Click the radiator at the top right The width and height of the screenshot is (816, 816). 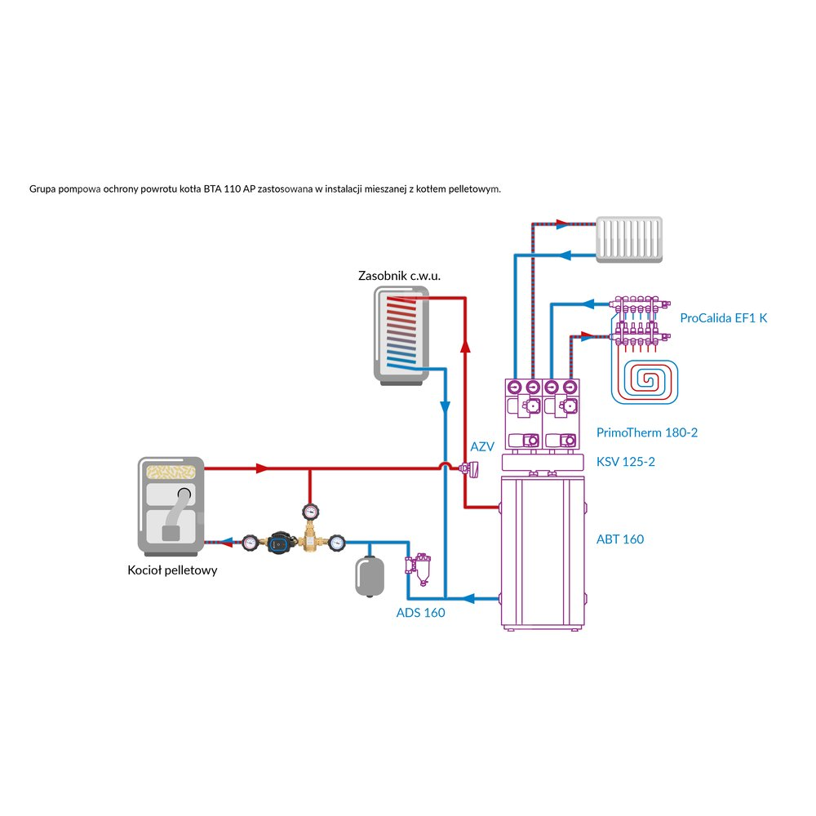[629, 239]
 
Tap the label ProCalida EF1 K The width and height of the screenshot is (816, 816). [724, 318]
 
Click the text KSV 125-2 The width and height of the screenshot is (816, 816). [626, 462]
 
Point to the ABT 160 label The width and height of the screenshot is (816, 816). [620, 539]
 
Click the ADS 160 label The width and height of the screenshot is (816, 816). [420, 613]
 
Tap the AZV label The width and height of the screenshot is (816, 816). [482, 446]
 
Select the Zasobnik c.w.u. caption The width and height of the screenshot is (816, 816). [399, 276]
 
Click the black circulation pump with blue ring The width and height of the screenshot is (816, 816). [276, 541]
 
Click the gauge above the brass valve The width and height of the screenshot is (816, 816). [310, 512]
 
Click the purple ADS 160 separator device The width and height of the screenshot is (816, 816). [419, 567]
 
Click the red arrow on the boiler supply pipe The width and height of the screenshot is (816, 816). [262, 469]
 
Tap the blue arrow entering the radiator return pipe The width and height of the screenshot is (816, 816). [568, 255]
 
